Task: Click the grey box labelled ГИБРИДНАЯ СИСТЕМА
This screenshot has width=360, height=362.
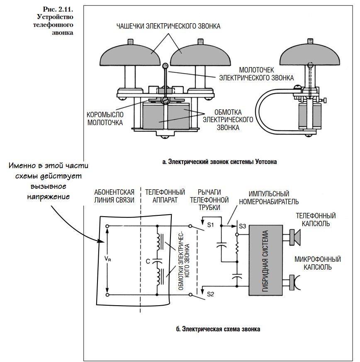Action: point(266,261)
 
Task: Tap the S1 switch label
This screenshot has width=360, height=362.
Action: point(210,224)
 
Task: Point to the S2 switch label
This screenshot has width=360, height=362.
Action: point(210,294)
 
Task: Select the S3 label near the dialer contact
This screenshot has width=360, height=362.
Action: point(243,226)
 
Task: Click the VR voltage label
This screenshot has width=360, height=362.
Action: point(108,259)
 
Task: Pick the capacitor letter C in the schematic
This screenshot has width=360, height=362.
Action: point(148,261)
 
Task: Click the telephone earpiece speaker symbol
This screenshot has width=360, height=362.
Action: point(294,237)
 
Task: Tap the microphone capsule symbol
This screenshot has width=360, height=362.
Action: point(294,282)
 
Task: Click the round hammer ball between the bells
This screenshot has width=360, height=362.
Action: point(165,66)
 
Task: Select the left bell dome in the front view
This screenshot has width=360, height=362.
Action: point(130,54)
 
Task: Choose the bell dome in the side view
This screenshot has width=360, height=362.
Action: point(309,54)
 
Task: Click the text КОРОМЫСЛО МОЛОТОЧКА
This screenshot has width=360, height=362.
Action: point(105,119)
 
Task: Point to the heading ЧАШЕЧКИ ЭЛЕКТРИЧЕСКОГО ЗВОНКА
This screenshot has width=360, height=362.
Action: point(168,26)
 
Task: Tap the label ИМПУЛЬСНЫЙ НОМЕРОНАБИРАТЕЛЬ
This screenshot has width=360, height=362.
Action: point(269,198)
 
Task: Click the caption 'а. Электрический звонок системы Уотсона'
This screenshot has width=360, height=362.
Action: point(219,162)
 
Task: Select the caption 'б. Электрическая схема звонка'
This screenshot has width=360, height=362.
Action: point(218,329)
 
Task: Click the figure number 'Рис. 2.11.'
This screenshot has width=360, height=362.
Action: point(58,9)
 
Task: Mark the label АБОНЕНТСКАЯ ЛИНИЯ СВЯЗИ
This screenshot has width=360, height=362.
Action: point(114,196)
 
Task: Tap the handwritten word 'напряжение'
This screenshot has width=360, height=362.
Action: point(49,197)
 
